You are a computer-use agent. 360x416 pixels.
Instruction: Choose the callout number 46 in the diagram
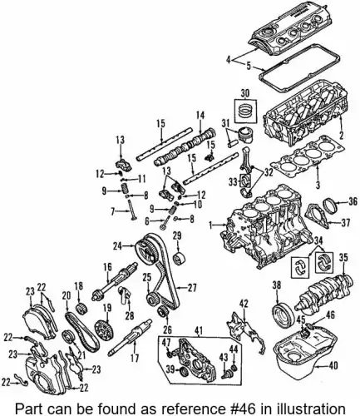[331, 314]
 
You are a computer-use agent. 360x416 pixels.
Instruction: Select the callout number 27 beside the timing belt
[193, 288]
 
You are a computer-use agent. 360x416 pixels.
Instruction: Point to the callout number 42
[244, 302]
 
